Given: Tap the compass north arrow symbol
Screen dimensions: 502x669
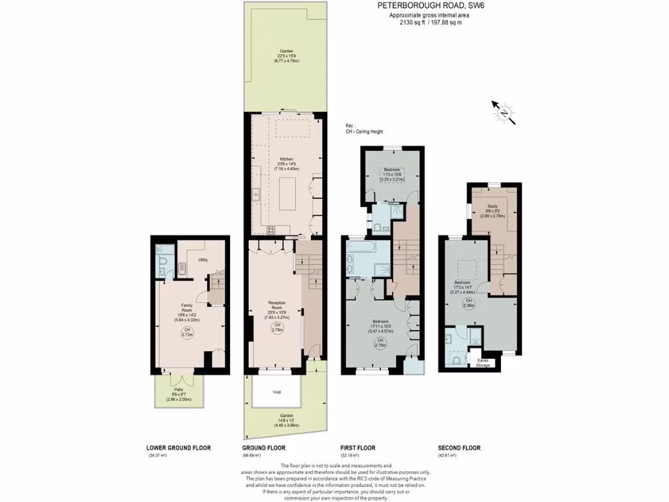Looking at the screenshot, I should pos(504,113).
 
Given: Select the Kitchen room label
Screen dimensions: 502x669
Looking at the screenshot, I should pos(286,159).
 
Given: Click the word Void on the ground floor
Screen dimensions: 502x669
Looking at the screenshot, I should pos(277,393).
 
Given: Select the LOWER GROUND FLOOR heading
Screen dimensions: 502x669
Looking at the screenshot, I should pos(178,448).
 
